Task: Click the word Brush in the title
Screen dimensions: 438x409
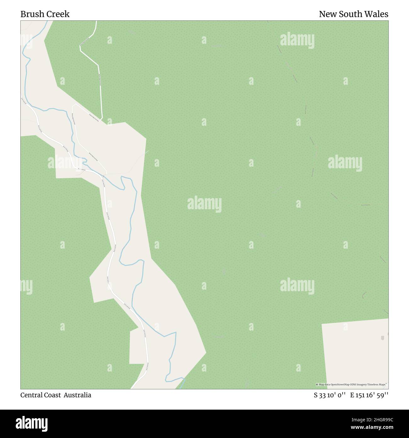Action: [31, 14]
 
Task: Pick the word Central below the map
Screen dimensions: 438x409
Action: [32, 395]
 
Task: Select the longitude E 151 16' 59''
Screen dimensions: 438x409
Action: [369, 395]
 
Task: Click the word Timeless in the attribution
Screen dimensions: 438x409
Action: [373, 385]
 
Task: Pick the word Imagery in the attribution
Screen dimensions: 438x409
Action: [362, 385]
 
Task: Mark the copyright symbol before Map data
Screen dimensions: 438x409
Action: [317, 385]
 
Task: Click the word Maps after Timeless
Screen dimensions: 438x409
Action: [381, 385]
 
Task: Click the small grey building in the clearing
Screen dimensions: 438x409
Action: [383, 338]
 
